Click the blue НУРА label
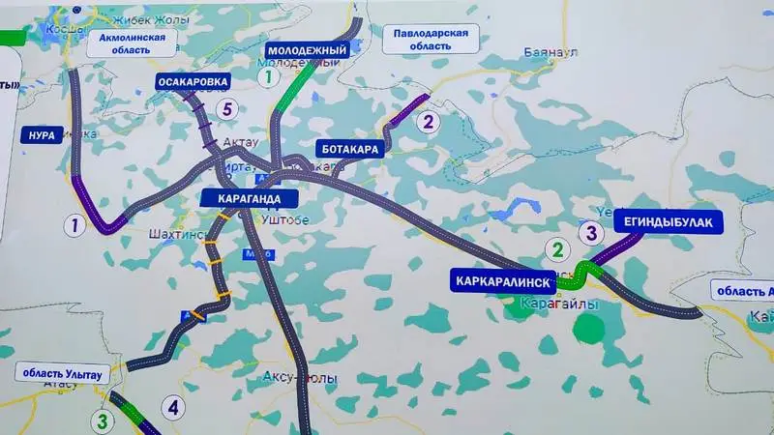coord(41,134)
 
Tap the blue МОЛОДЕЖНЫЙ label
coord(307,49)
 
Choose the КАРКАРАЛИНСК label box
coord(502,281)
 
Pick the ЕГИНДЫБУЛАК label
coord(669,223)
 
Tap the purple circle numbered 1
coord(72,226)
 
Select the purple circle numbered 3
coord(591,231)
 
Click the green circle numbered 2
coord(555,249)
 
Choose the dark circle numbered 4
coord(172,407)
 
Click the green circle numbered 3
coord(101,420)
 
